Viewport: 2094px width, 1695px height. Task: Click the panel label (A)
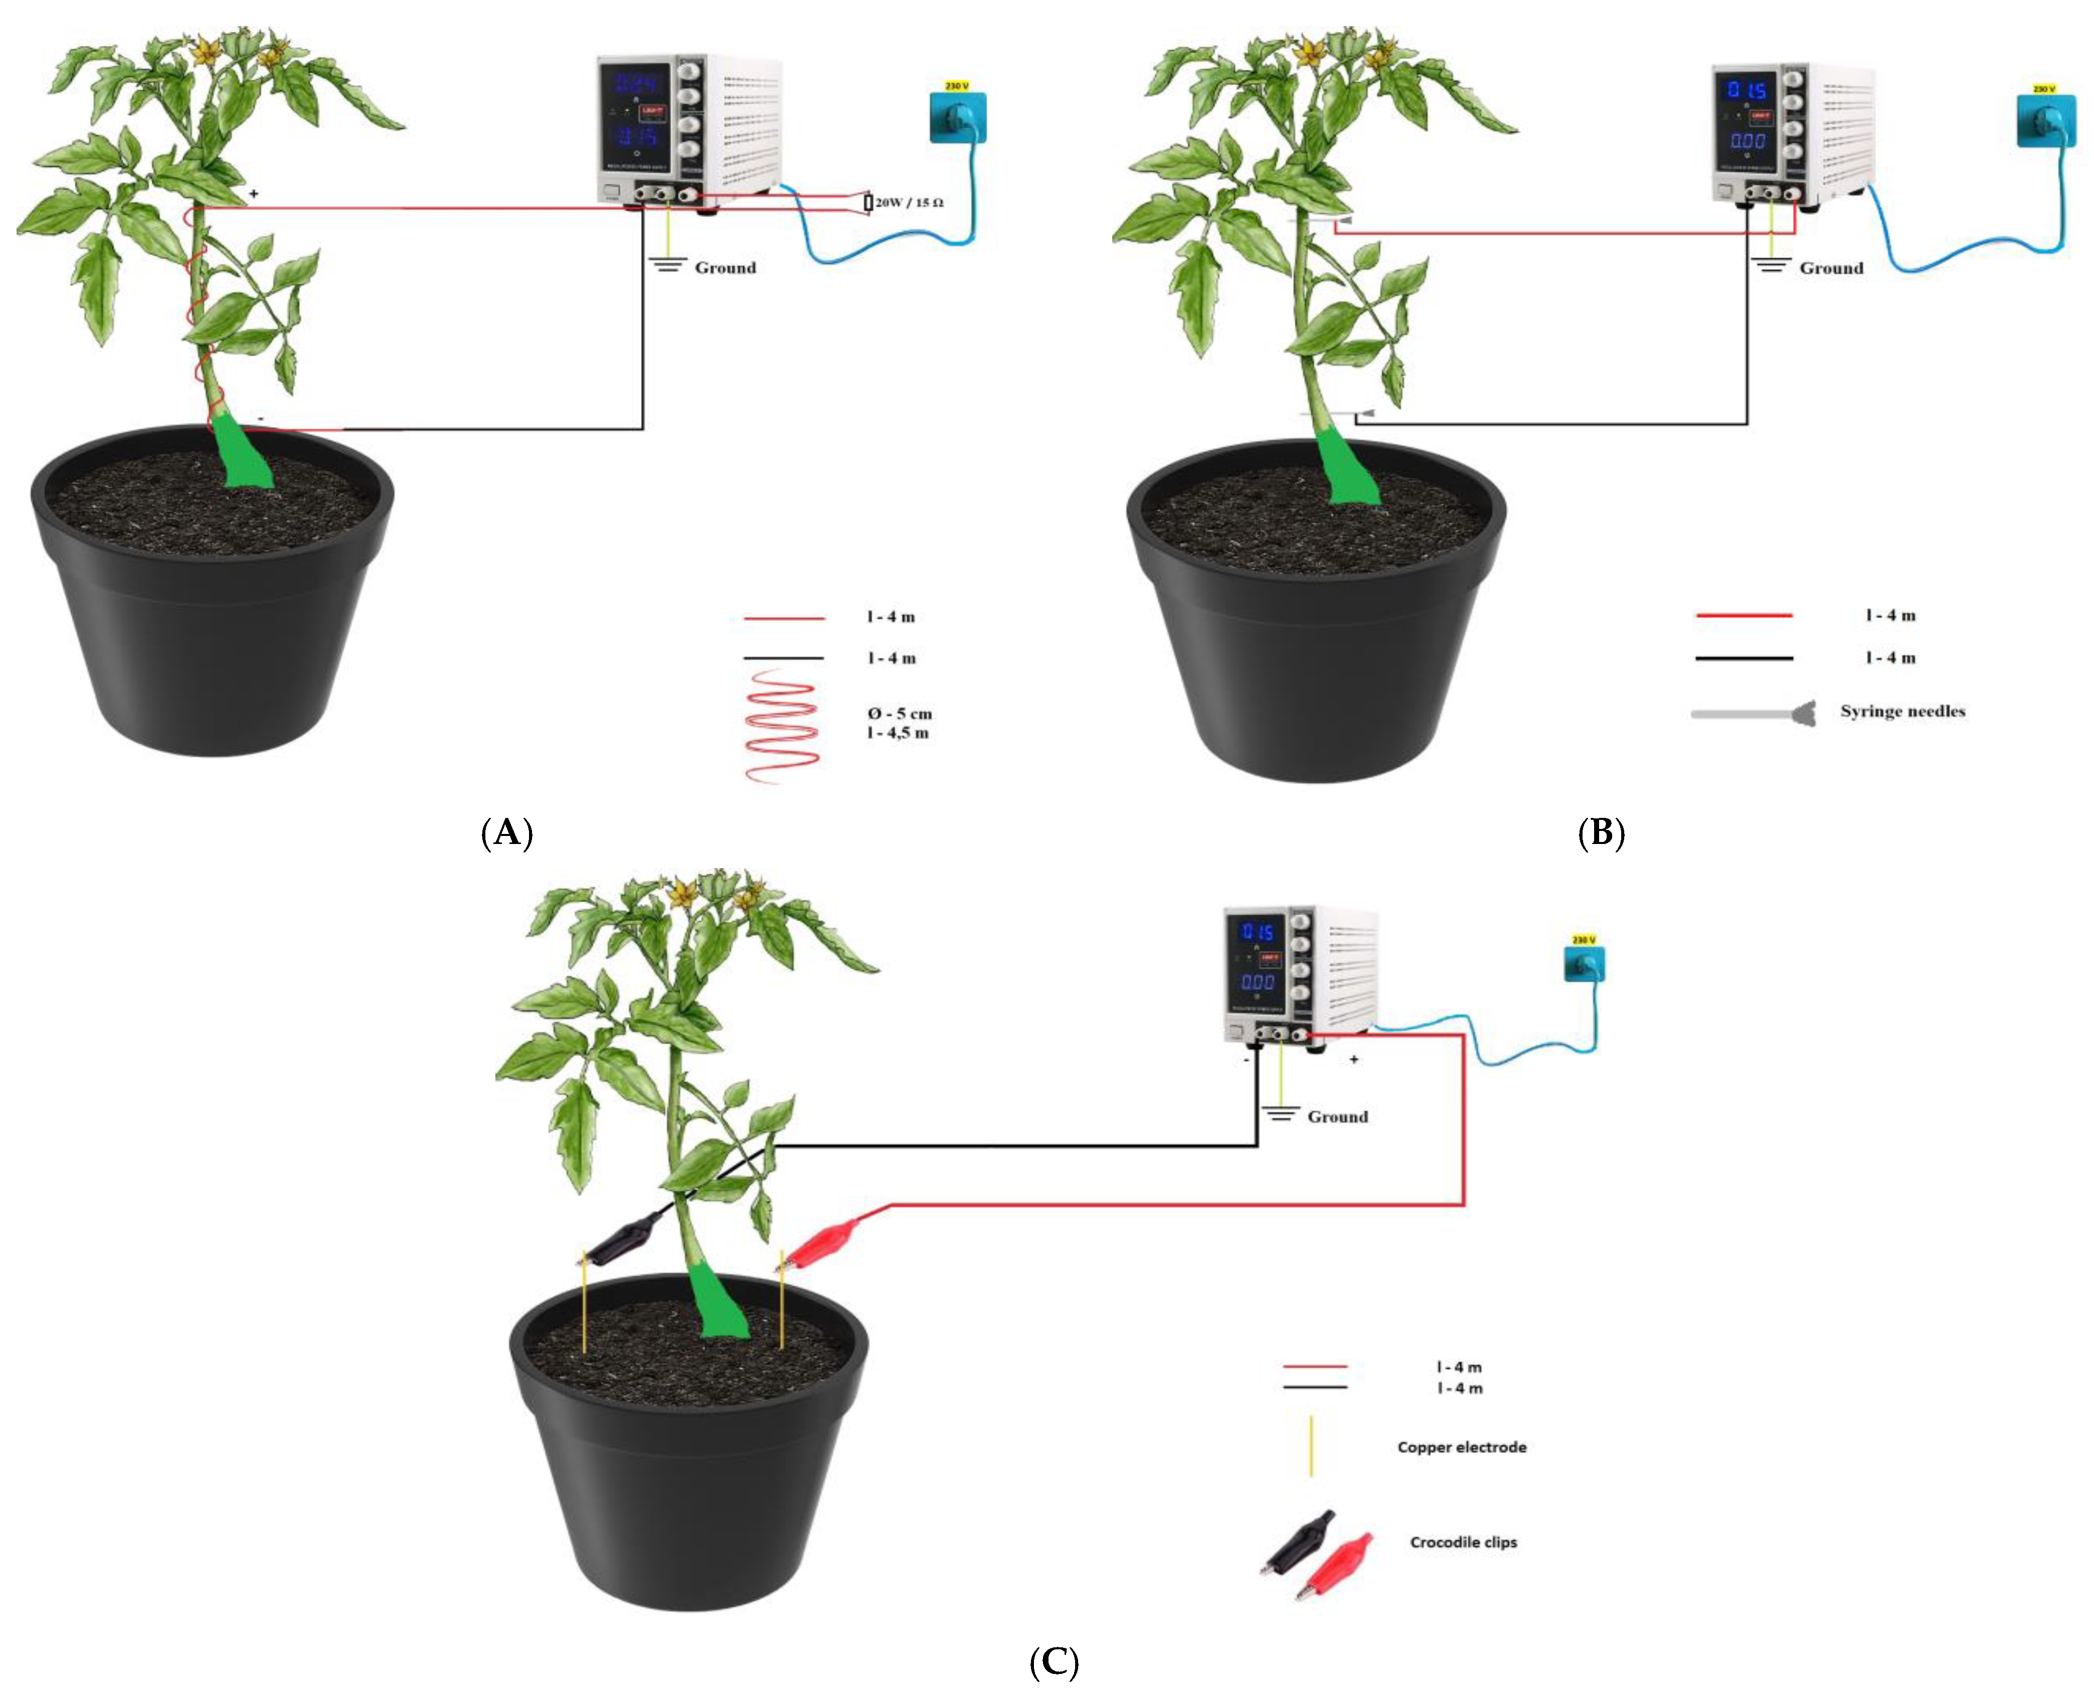[x=507, y=833]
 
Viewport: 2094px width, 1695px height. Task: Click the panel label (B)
[x=1601, y=833]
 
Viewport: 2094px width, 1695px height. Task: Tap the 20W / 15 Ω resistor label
[x=908, y=203]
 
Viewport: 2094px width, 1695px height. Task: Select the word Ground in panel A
[x=725, y=267]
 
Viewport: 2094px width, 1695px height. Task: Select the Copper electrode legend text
[x=1461, y=1447]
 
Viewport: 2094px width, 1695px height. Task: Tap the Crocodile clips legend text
[x=1463, y=1542]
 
